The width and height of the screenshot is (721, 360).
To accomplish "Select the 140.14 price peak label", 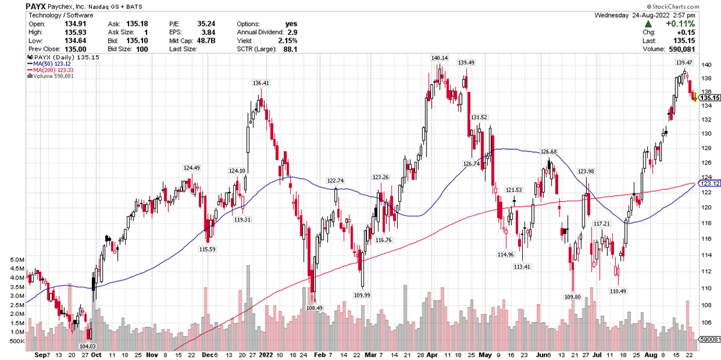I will click(x=440, y=58).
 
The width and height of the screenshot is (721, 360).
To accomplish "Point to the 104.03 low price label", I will click(x=88, y=347).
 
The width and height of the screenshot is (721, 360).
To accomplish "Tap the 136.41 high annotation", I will click(x=261, y=83).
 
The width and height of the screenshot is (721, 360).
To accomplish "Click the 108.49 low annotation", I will click(x=314, y=308).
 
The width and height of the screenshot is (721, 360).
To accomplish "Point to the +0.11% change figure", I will click(x=700, y=23).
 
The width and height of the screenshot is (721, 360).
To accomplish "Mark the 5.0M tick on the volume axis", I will click(x=16, y=260).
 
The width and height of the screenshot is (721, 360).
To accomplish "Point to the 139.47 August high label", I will click(x=684, y=63).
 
